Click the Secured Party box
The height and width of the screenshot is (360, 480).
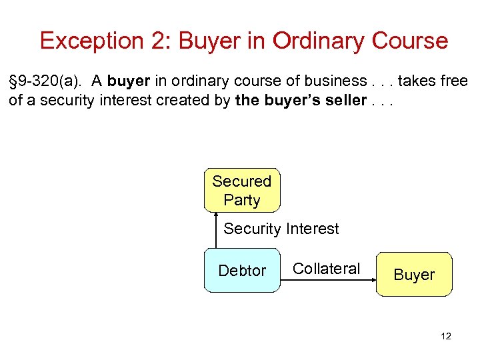(x=241, y=190)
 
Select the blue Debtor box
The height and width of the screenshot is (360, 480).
(x=241, y=271)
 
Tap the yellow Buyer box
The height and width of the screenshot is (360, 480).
(x=413, y=274)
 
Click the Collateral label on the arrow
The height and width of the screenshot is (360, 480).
(x=326, y=269)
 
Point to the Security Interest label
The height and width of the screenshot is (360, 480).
(x=281, y=229)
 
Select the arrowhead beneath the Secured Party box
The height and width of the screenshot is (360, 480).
(x=217, y=215)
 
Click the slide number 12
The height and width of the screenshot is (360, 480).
(x=445, y=336)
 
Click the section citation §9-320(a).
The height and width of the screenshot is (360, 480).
(x=45, y=81)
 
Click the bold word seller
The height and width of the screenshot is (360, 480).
(x=346, y=101)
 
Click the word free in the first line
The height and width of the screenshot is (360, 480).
(x=454, y=81)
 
